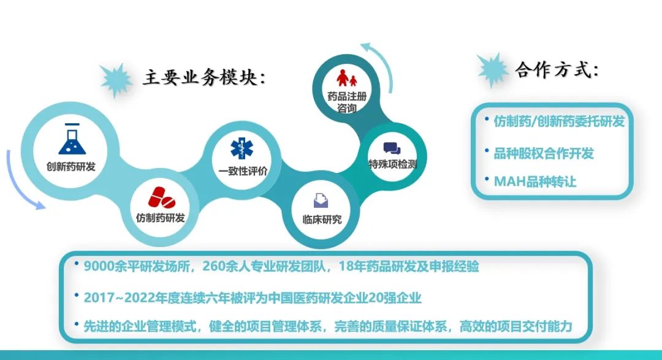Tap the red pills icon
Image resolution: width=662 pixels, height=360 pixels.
click(x=161, y=197)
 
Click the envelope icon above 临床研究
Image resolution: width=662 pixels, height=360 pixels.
click(x=321, y=201)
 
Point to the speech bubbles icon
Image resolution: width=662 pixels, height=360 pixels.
click(x=392, y=149)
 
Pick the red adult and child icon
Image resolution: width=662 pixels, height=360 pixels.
click(x=346, y=78)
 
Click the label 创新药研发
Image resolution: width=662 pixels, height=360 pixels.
click(x=71, y=166)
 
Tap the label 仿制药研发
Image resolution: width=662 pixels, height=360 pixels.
click(x=161, y=218)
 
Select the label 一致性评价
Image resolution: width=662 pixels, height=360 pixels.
click(x=243, y=171)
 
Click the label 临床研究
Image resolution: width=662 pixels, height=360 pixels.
click(x=322, y=220)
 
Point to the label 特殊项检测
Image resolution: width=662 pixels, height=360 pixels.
click(x=393, y=164)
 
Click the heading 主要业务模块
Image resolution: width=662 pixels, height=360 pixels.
click(x=205, y=78)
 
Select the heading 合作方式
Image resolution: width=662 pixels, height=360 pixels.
click(x=557, y=70)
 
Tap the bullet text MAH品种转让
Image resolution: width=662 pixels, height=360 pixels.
click(x=535, y=182)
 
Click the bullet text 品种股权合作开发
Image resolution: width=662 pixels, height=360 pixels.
click(x=544, y=153)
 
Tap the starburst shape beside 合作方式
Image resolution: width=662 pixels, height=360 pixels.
click(x=492, y=70)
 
